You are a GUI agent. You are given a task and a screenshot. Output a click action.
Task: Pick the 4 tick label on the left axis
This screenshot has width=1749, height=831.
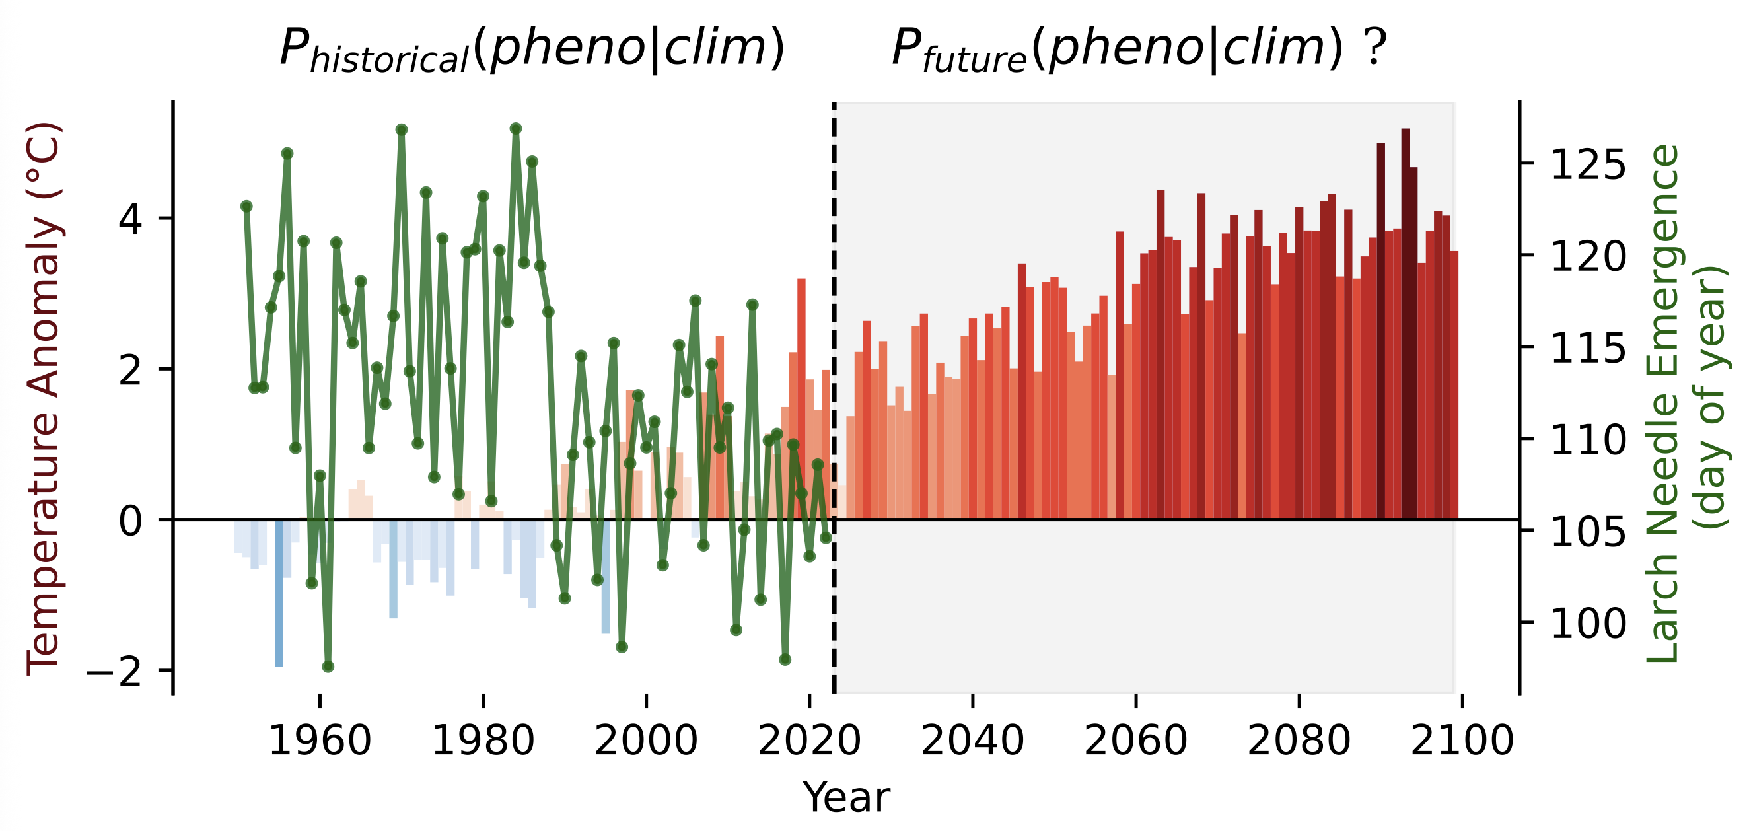(129, 219)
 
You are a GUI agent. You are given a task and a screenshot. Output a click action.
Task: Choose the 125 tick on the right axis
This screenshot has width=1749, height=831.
(1588, 164)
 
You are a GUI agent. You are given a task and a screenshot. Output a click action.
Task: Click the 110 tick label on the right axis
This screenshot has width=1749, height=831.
(1588, 440)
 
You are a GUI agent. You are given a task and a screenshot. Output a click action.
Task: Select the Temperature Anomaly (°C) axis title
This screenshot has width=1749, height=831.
(44, 399)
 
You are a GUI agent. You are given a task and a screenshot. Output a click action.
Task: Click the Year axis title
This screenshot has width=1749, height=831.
(845, 797)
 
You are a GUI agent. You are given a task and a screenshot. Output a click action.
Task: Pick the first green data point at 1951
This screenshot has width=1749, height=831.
(246, 206)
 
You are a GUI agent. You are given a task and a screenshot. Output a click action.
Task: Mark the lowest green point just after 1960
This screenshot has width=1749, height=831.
(328, 667)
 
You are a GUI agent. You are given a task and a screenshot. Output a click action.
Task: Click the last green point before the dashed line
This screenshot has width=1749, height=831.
(826, 538)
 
